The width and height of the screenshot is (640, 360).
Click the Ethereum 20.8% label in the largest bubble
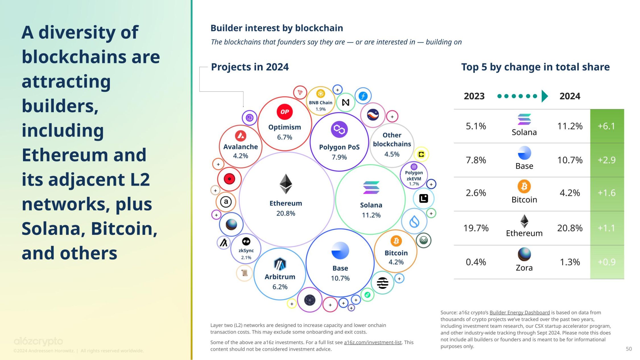[x=286, y=208]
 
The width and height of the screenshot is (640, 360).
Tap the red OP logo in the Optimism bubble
[x=284, y=112]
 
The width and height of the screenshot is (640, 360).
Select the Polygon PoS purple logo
[x=339, y=129]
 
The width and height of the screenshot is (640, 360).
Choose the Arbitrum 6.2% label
[x=280, y=281]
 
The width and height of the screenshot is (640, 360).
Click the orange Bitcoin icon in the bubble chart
[x=396, y=241]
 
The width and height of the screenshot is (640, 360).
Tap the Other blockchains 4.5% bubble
[x=392, y=145]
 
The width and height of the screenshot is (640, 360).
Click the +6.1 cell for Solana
[x=606, y=126]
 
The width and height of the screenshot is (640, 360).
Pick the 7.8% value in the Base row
[x=476, y=160]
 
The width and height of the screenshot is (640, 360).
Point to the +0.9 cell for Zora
[x=606, y=262]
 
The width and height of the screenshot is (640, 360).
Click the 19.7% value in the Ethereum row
[x=476, y=228]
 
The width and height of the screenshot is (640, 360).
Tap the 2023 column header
[x=474, y=96]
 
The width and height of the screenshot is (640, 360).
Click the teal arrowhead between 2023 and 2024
[x=544, y=96]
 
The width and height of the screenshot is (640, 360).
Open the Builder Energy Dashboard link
[x=519, y=312]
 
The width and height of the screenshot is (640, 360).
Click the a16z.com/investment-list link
[x=373, y=342]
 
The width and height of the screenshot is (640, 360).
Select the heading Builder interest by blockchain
[x=276, y=28]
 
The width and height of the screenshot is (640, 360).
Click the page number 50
[x=629, y=349]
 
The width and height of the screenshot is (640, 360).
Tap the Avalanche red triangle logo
[x=241, y=136]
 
